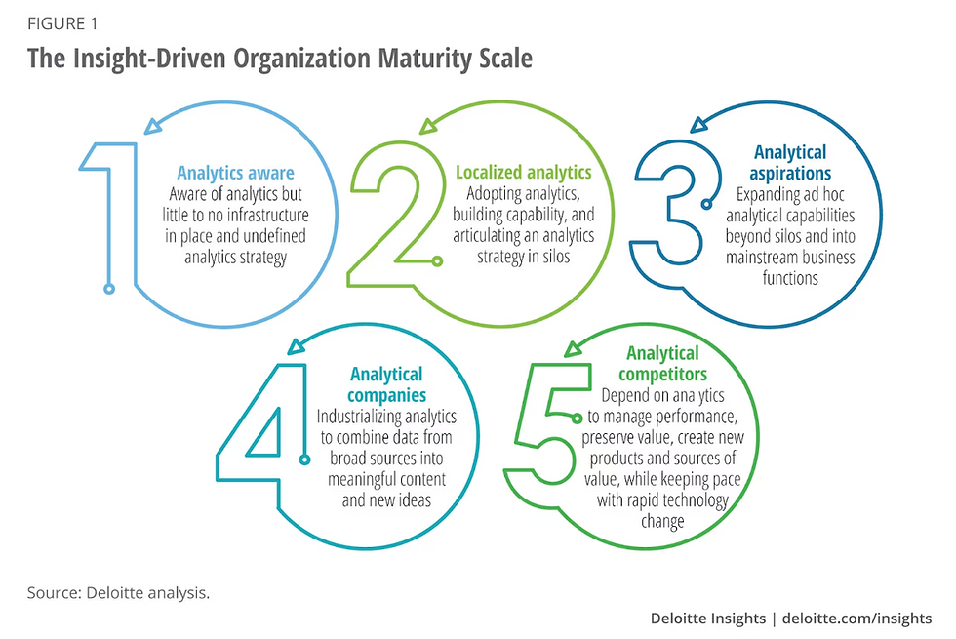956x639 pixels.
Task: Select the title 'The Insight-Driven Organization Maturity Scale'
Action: [x=280, y=59]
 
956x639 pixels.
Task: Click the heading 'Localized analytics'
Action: [x=524, y=173]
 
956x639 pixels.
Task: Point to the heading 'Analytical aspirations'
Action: [x=790, y=162]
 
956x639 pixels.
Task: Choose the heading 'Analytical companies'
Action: [x=386, y=384]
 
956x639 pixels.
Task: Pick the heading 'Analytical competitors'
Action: [x=662, y=363]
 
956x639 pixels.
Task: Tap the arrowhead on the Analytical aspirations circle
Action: [x=698, y=124]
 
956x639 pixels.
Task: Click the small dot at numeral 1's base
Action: [x=109, y=289]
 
